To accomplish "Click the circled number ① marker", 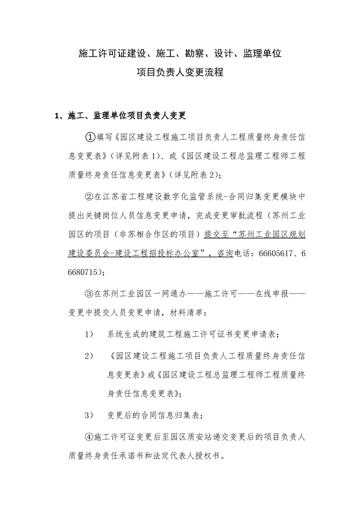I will (x=89, y=137).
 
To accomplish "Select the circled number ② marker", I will (x=89, y=196).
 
